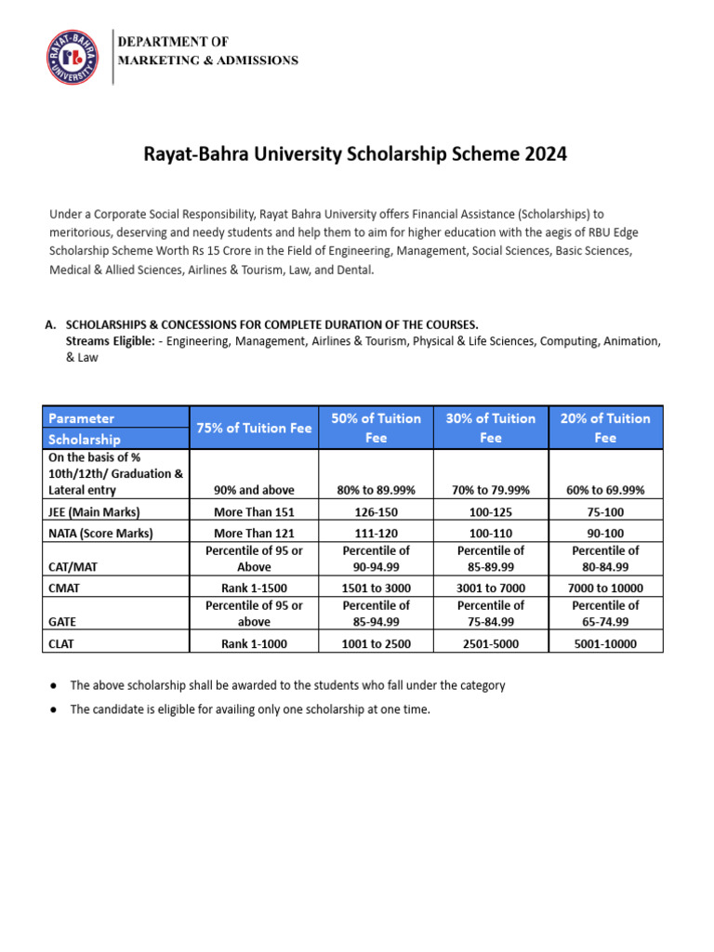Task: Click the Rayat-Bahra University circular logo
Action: tap(72, 57)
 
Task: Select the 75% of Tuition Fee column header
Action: tap(253, 428)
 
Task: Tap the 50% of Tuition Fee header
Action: tap(376, 428)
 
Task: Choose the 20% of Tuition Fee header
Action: tap(605, 428)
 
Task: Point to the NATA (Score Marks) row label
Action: tap(100, 533)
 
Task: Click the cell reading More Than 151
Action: tap(253, 511)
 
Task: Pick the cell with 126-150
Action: tap(376, 511)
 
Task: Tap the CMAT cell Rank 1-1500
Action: tap(253, 588)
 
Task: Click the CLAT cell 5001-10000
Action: tap(605, 642)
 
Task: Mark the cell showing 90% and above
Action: tap(253, 490)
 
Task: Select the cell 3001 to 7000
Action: tap(491, 588)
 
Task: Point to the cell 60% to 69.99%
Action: tap(605, 490)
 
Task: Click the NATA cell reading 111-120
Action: tap(376, 533)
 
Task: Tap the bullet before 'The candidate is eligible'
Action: tap(54, 709)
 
